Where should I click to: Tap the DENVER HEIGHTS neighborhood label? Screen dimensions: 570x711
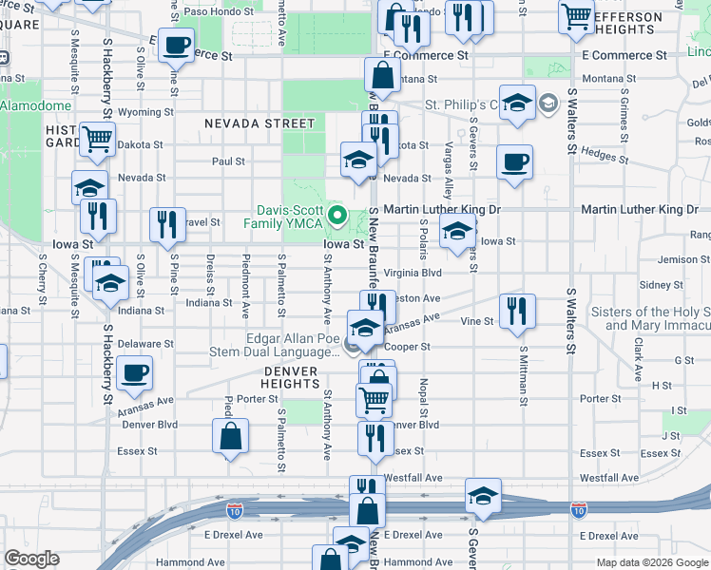[291, 377]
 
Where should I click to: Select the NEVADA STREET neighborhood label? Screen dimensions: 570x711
[259, 123]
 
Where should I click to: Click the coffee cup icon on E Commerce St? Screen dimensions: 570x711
[176, 45]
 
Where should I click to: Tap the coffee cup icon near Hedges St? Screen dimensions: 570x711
[514, 162]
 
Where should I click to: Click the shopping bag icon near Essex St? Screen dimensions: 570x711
[230, 438]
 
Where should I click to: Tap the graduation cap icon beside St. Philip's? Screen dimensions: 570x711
[517, 104]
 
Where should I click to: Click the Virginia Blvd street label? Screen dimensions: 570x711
[413, 273]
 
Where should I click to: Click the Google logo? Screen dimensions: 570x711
[30, 559]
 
